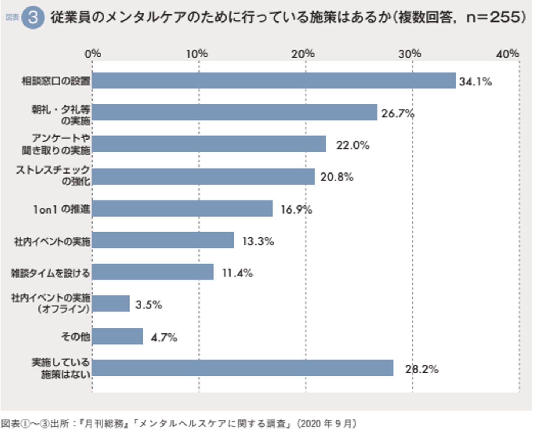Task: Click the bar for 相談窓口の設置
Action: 274,81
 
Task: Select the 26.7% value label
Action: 398,113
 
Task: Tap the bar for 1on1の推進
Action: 182,209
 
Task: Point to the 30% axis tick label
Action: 410,54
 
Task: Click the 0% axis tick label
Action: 93,54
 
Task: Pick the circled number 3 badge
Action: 33,17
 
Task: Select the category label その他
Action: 75,336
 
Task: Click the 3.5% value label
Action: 149,305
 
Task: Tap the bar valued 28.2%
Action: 243,368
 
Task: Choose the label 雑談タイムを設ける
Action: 50,273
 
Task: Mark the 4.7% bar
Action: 117,336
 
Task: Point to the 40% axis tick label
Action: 507,54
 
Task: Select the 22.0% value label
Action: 352,145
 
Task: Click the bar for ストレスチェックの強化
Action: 203,177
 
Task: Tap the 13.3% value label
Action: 258,241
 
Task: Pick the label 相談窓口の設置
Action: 56,81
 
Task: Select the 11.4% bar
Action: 152,272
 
